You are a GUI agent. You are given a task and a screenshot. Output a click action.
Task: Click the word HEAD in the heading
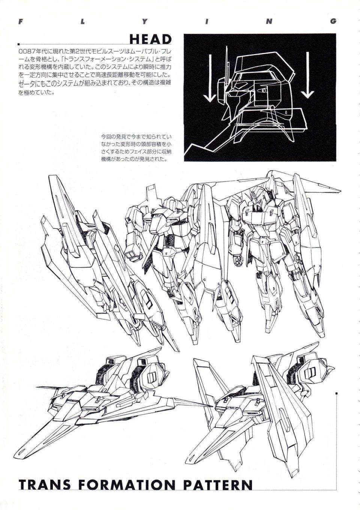pos(150,39)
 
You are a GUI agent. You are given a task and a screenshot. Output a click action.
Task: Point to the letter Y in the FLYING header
pos(144,21)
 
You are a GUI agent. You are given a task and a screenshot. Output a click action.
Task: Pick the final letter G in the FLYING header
pos(333,21)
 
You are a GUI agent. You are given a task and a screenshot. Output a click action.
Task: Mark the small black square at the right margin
pos(337,393)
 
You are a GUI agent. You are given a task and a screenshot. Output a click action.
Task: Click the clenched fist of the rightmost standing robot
pos(237,259)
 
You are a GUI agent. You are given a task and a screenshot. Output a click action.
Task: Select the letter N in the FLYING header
pos(268,21)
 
